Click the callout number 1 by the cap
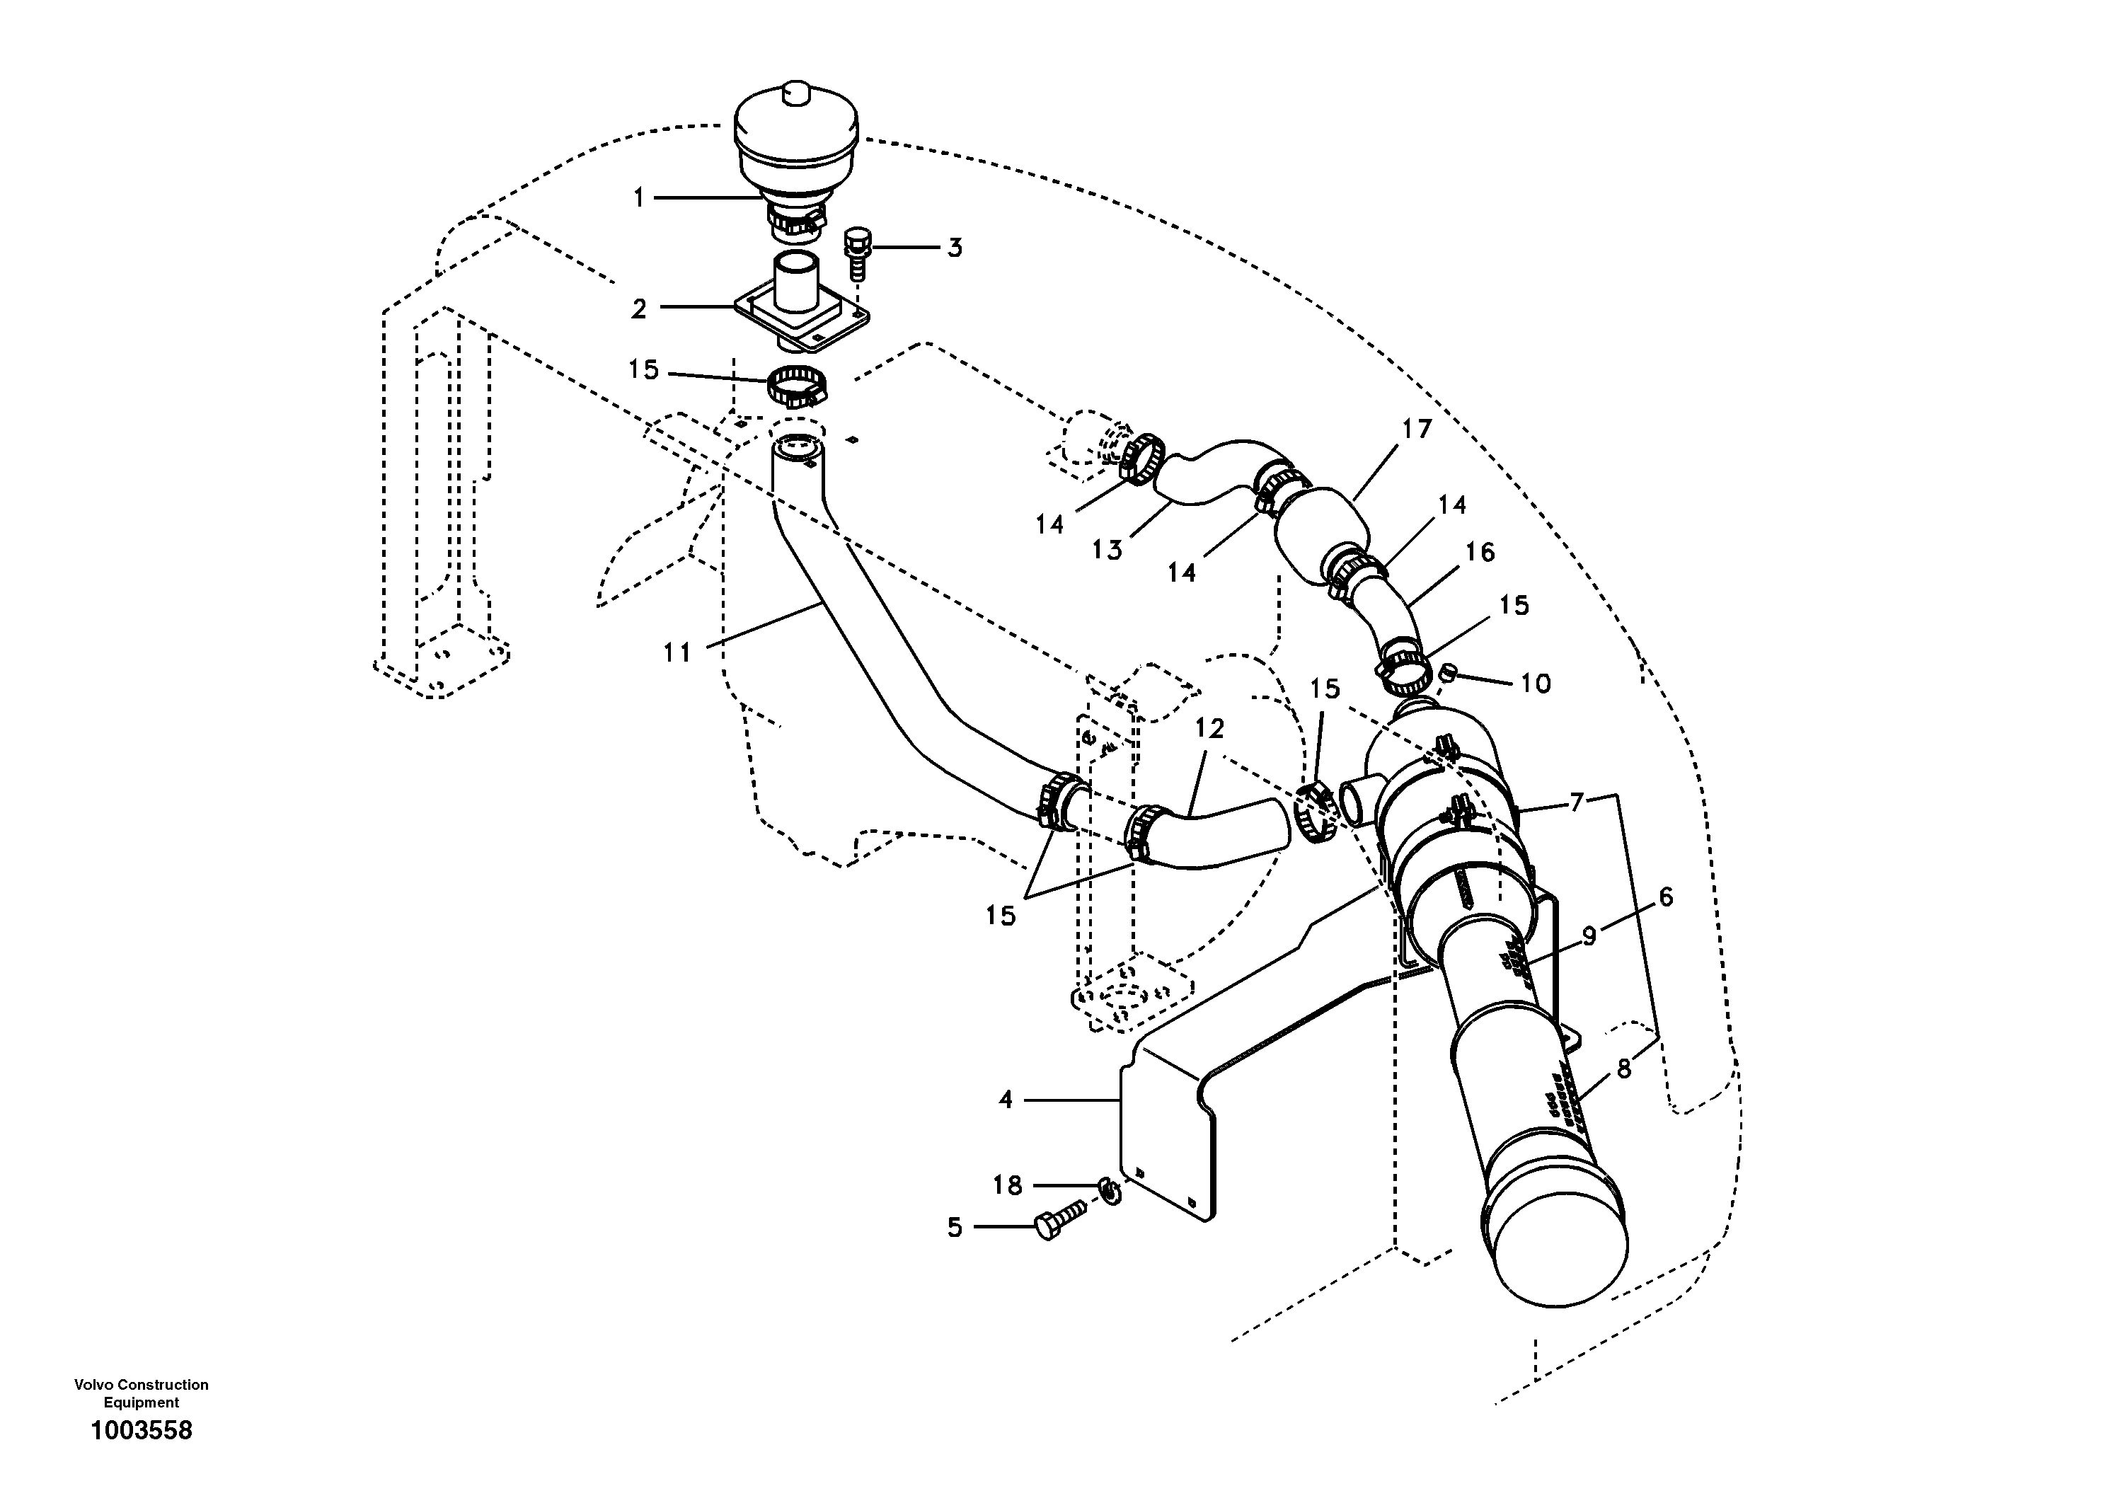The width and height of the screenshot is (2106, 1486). pyautogui.click(x=639, y=197)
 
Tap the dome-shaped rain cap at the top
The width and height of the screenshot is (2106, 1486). pyautogui.click(x=797, y=146)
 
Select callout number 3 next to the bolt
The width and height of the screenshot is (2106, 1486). pyautogui.click(x=955, y=248)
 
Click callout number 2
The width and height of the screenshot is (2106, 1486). pyautogui.click(x=639, y=309)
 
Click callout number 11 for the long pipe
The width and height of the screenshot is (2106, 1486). pyautogui.click(x=677, y=652)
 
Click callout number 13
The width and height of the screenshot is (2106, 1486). pyautogui.click(x=1107, y=551)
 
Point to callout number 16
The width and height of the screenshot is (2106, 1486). pyautogui.click(x=1480, y=551)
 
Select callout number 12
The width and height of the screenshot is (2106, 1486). pyautogui.click(x=1210, y=728)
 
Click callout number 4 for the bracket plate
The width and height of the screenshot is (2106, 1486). pyautogui.click(x=1006, y=1099)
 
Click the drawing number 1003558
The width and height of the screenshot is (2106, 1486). pyautogui.click(x=142, y=1430)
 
